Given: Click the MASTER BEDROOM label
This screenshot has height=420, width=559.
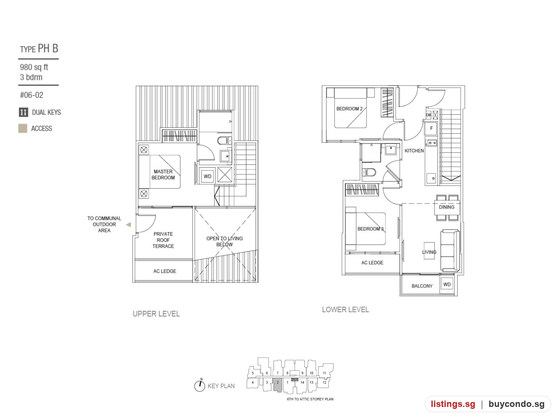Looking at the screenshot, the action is click(163, 174).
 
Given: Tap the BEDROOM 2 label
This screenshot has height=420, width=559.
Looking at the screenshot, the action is click(349, 109).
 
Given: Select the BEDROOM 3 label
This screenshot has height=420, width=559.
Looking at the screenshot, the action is click(370, 229).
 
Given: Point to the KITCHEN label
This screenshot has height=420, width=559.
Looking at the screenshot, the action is click(414, 151).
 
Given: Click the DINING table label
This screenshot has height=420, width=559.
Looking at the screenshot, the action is click(446, 207).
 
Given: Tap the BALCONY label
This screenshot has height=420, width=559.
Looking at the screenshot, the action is click(422, 286).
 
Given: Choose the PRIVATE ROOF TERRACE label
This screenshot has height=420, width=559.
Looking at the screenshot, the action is click(163, 240).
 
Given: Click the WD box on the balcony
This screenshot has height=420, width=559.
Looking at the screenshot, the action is click(447, 284).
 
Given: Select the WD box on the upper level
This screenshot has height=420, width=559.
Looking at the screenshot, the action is click(207, 176).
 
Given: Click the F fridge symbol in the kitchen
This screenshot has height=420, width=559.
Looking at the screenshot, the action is click(431, 128).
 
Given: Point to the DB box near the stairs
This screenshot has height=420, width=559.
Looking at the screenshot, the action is click(429, 115).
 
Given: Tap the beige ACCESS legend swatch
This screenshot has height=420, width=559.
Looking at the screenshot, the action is click(23, 128).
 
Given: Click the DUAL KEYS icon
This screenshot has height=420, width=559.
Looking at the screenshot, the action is click(23, 112).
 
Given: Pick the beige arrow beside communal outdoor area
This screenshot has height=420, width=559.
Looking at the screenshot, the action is click(129, 224).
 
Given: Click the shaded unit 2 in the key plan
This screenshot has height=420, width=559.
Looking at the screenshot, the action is click(278, 384).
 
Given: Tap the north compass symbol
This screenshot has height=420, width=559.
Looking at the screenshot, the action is click(200, 385).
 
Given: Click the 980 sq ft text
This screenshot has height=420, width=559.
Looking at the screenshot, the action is click(34, 67).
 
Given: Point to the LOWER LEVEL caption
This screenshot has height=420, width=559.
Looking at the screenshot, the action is click(345, 309).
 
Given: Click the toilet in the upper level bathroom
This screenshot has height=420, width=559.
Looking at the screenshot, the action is click(223, 140).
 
